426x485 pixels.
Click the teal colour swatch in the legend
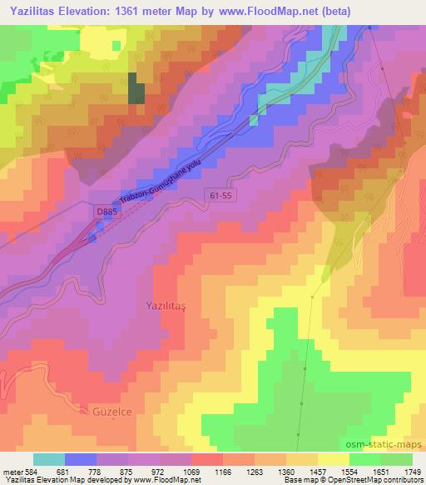(49, 460)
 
